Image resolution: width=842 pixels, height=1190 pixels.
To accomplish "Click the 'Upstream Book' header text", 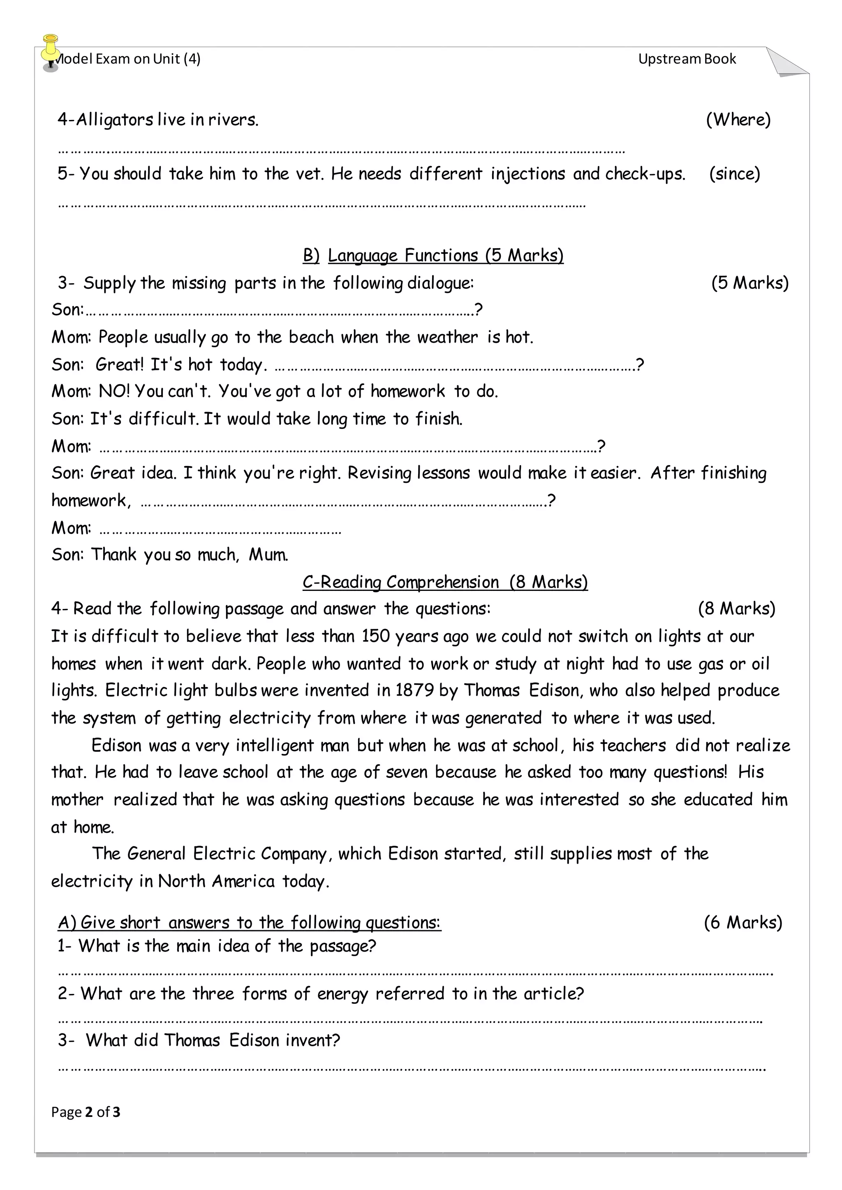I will [687, 59].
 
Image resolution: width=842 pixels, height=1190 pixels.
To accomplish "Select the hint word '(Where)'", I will [738, 120].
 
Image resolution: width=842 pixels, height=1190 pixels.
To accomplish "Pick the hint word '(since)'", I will [734, 174].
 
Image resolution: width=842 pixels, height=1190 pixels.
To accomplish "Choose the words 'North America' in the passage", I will [216, 881].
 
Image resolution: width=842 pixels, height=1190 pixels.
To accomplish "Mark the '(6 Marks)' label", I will [743, 922].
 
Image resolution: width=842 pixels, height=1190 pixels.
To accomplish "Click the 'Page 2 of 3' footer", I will [86, 1112].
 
